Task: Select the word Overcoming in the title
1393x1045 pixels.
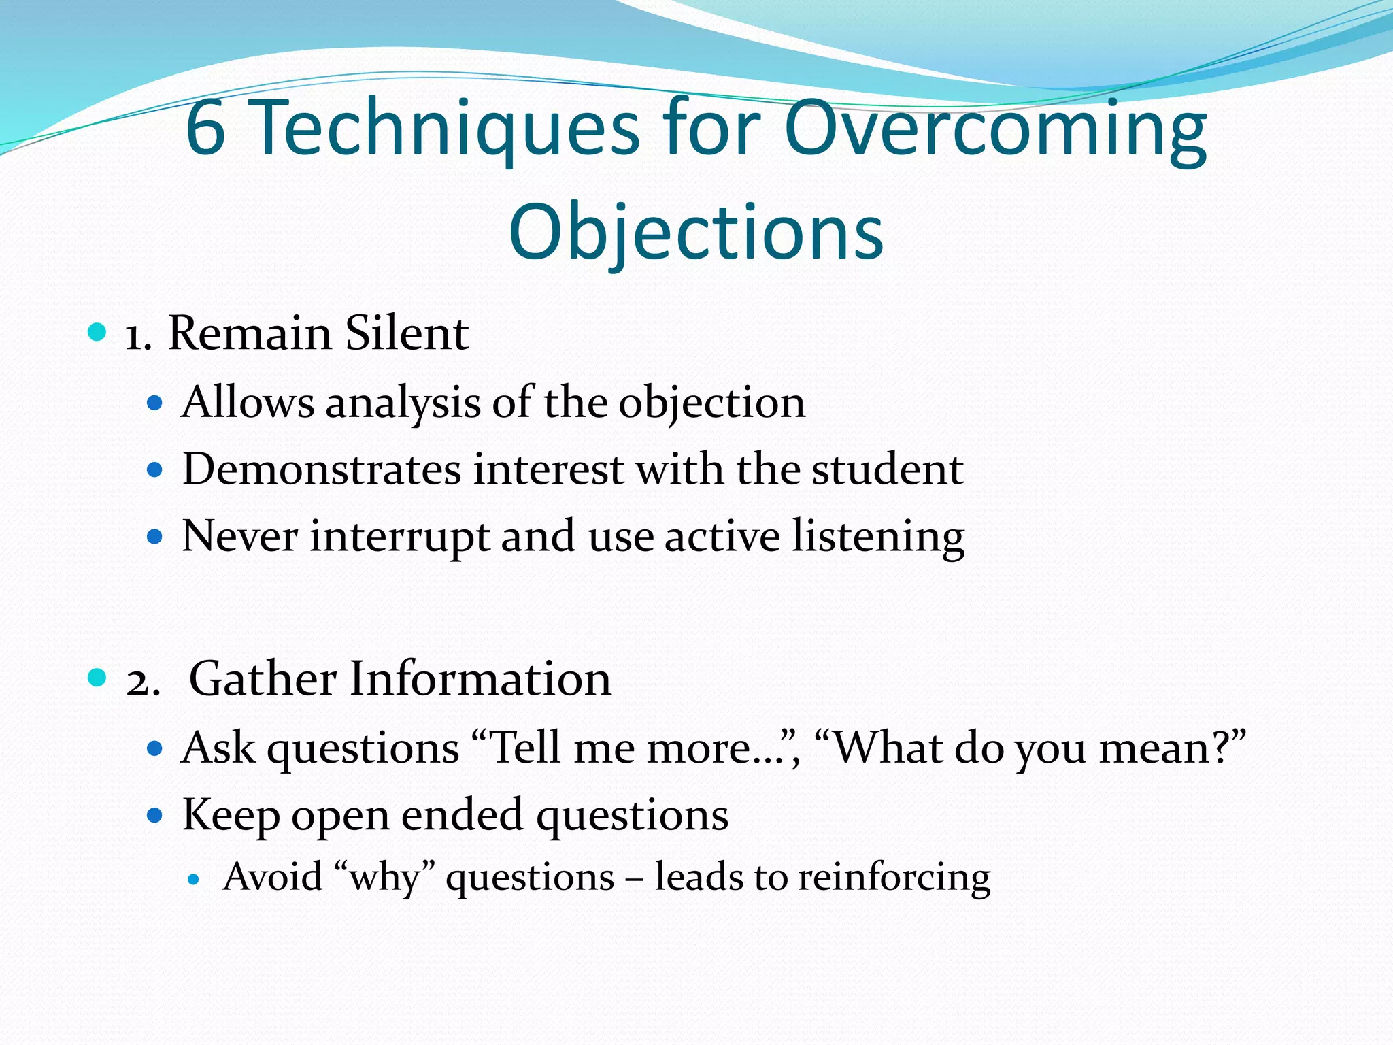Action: [995, 129]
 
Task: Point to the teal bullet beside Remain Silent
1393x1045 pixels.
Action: [98, 333]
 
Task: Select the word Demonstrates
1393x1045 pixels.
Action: [322, 469]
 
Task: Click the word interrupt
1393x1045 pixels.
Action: [399, 536]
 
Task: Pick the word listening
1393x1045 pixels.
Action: [878, 536]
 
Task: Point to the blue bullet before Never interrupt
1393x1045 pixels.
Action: [155, 537]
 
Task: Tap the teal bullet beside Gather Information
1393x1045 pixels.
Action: [98, 678]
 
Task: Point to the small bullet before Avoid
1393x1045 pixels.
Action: [194, 879]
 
